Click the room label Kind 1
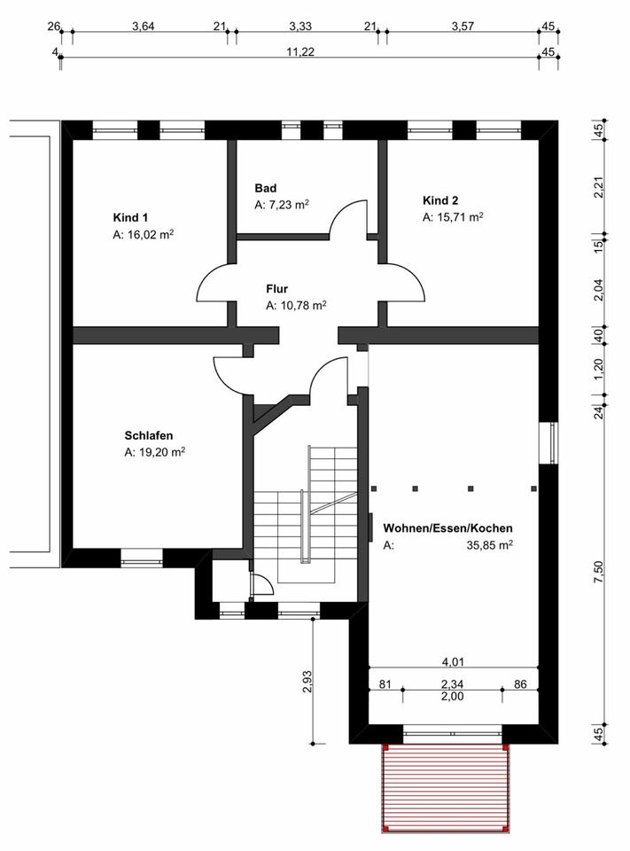(x=130, y=217)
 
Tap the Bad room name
(x=266, y=188)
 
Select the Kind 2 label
(x=440, y=200)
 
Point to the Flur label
(x=277, y=289)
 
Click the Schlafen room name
(x=149, y=435)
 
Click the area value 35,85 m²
(x=491, y=546)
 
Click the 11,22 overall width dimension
(x=301, y=52)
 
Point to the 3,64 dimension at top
(x=143, y=27)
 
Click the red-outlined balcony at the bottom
(x=446, y=788)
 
